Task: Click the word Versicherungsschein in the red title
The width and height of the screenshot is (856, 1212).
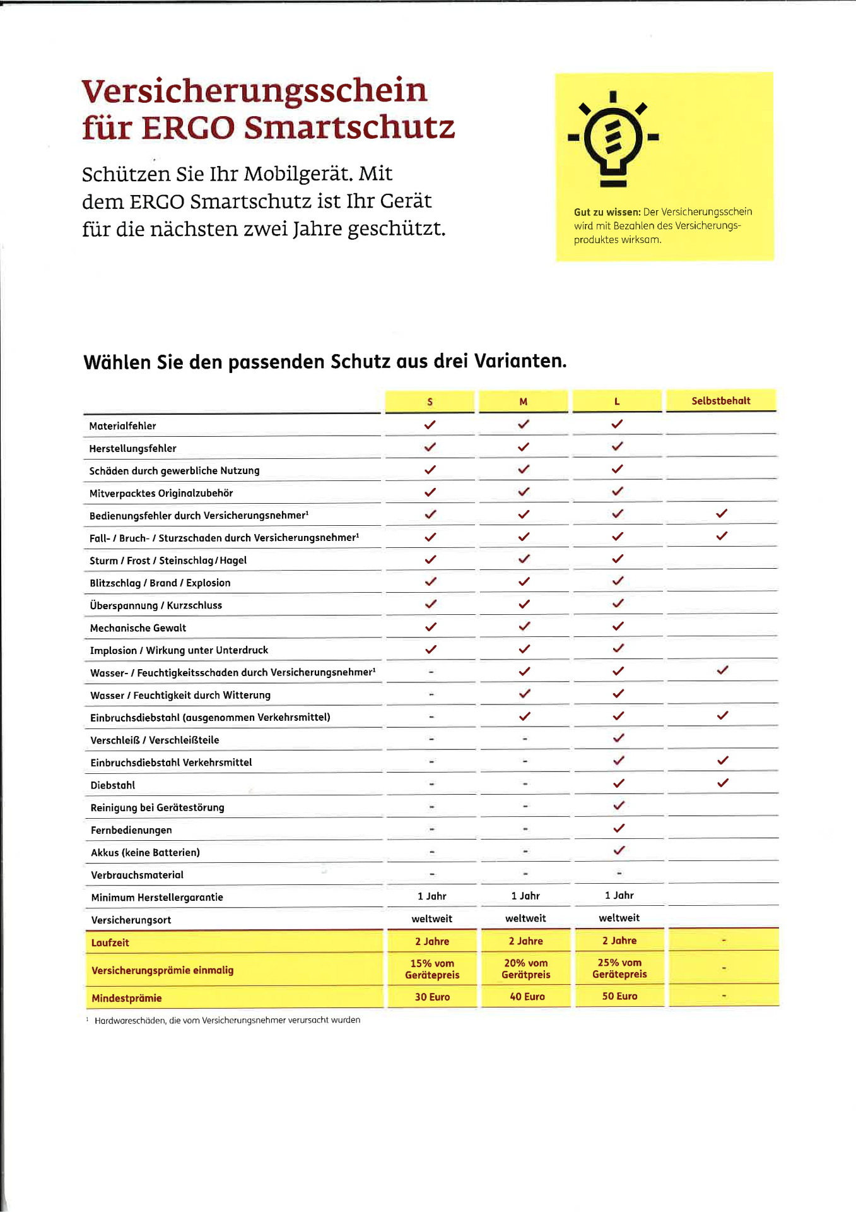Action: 254,91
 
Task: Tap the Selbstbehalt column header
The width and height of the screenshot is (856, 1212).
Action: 720,401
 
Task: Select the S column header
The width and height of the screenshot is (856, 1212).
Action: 430,402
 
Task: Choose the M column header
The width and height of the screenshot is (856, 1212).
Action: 523,401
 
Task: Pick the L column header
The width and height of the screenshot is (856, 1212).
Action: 617,401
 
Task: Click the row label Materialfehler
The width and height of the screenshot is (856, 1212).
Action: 122,426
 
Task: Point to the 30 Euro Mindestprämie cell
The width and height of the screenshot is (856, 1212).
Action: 432,997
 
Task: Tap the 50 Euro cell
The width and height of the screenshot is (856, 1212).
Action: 619,996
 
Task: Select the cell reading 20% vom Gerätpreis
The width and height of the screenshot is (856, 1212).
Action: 525,968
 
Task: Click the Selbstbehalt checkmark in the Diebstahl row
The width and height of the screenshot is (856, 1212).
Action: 723,783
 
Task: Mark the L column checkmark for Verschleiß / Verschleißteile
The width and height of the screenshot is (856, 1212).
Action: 619,738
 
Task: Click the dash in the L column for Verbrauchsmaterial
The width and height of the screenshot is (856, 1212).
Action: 619,874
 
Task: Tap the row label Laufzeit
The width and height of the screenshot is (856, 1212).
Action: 110,942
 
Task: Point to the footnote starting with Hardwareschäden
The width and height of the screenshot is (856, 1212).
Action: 227,1020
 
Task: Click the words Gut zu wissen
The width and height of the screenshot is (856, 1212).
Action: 607,212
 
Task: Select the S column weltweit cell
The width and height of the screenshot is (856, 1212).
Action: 431,919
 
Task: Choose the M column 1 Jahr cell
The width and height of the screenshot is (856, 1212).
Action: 525,896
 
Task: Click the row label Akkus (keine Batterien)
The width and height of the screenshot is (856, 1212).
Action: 145,853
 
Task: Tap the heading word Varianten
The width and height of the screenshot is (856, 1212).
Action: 520,361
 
